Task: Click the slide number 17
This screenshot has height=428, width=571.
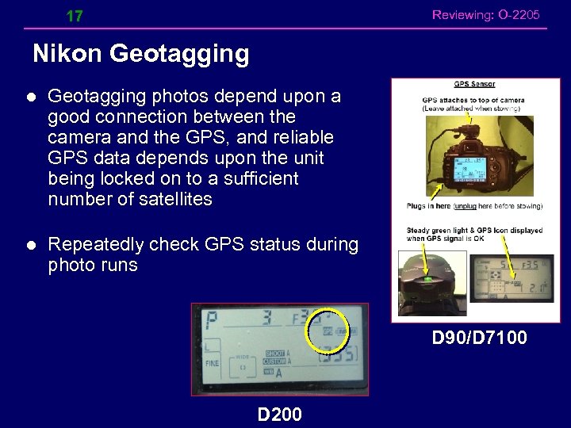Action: tap(75, 16)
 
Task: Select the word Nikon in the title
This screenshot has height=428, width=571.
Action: tap(67, 54)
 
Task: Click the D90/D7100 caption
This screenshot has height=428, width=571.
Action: tap(479, 338)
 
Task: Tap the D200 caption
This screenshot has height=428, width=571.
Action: tap(279, 413)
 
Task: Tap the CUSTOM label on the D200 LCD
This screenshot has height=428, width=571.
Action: tap(275, 362)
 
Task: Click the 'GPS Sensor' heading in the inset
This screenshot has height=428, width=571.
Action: tap(475, 84)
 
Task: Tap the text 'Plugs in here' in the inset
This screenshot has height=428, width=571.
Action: tap(428, 206)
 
